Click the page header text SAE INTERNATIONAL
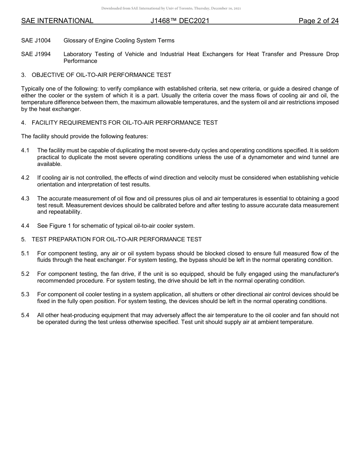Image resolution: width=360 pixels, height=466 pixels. click(57, 21)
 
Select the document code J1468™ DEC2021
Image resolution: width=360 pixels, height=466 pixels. click(180, 21)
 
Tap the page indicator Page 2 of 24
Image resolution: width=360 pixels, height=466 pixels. click(318, 21)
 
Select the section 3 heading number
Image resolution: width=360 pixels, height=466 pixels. click(23, 75)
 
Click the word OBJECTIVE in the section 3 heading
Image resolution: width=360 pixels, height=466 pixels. click(48, 75)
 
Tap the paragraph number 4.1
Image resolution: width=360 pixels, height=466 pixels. click(25, 150)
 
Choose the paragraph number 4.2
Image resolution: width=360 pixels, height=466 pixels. click(25, 178)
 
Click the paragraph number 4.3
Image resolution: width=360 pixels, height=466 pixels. click(25, 199)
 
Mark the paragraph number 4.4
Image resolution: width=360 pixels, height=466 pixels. click(25, 226)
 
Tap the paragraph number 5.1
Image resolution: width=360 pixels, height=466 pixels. click(25, 253)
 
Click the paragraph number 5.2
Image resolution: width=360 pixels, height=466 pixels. click(25, 274)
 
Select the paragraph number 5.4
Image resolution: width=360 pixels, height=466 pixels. click(25, 315)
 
